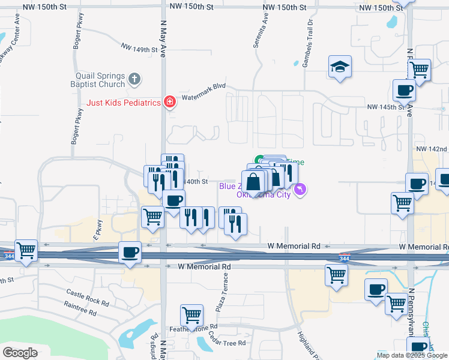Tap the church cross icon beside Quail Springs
click(x=134, y=78)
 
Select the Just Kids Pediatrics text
click(x=124, y=103)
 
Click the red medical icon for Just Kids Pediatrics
click(x=170, y=102)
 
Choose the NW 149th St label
click(x=139, y=47)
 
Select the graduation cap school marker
click(x=340, y=67)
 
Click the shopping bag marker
click(x=254, y=182)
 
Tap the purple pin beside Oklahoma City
click(x=301, y=190)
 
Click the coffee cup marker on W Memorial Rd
click(x=130, y=252)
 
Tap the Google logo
click(x=20, y=353)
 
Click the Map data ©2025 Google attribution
click(x=412, y=355)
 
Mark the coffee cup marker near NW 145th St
click(x=404, y=91)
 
